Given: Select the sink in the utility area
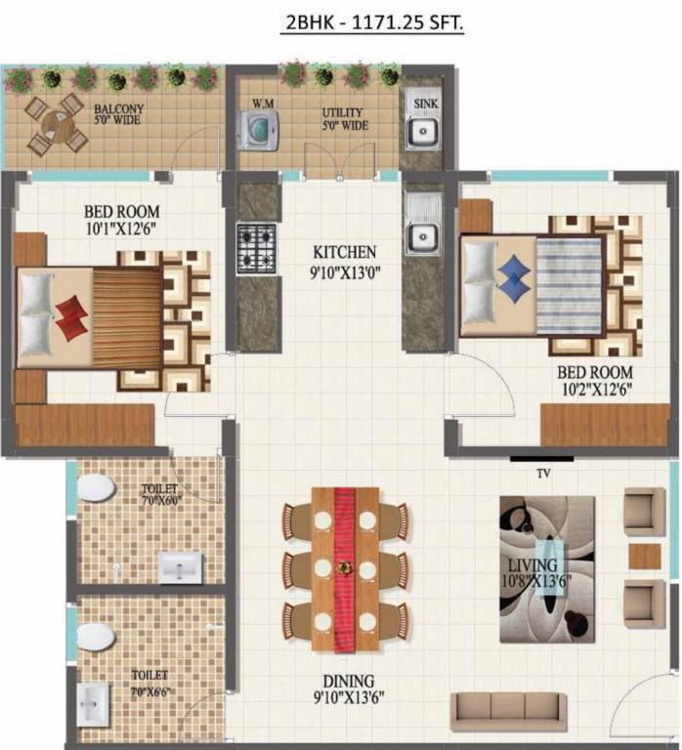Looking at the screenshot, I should (x=423, y=131).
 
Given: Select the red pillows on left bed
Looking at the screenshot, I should (x=69, y=318).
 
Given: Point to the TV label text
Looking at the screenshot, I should (x=542, y=473).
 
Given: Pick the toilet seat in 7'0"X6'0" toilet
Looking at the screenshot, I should (x=96, y=487).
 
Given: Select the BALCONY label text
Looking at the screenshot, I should (x=116, y=109).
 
